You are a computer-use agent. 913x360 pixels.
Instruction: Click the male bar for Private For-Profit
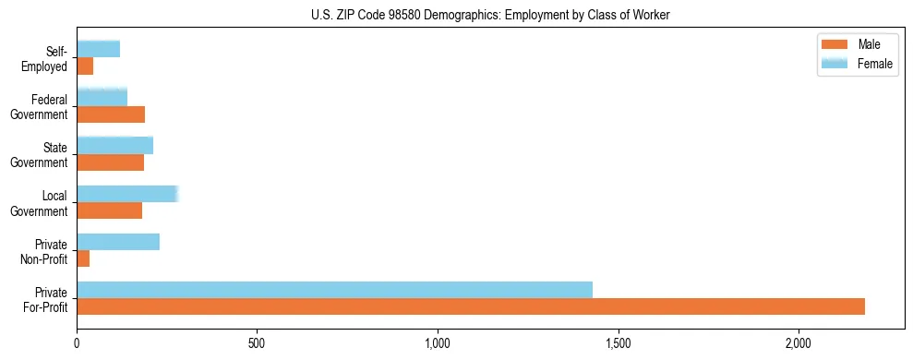point(471,306)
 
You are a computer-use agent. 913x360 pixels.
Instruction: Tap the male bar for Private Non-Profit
point(83,258)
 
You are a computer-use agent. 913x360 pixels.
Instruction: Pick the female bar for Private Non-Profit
point(118,242)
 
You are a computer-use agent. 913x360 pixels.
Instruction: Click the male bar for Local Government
point(109,210)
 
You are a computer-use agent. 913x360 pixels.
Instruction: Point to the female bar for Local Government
point(126,194)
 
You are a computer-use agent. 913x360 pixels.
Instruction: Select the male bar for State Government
point(110,162)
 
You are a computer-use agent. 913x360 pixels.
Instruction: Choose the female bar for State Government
point(114,146)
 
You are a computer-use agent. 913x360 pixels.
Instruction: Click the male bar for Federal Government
point(111,114)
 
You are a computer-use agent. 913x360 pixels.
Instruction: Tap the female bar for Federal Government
point(102,97)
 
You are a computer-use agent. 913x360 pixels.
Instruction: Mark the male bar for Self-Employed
point(85,66)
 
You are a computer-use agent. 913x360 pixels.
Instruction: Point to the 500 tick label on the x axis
point(257,343)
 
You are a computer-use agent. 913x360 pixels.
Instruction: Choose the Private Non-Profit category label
point(47,250)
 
